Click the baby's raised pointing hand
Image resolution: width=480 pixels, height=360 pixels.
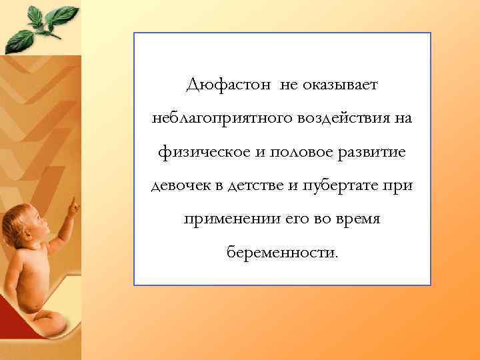(x=71, y=207)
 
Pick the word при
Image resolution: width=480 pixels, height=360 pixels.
(x=399, y=186)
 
